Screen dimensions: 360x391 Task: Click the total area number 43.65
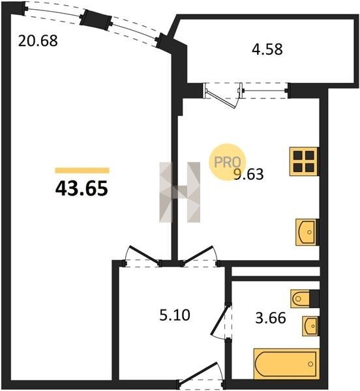(82, 188)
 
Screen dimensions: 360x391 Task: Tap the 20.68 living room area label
(38, 40)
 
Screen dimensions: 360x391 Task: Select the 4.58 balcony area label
(267, 49)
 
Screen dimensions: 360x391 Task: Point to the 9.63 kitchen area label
(248, 174)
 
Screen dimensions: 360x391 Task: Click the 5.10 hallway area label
(175, 315)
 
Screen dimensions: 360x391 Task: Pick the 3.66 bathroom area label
(271, 318)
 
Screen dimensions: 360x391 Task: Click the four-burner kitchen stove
(304, 162)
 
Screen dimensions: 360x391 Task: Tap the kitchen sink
(307, 232)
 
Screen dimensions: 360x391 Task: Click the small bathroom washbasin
(310, 326)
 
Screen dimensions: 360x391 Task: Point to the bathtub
(286, 364)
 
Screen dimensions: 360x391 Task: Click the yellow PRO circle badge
(227, 162)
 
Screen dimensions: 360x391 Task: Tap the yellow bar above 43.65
(82, 170)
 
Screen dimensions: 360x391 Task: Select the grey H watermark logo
(179, 192)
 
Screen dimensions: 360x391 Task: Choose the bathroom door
(221, 321)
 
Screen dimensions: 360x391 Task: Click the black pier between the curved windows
(96, 19)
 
